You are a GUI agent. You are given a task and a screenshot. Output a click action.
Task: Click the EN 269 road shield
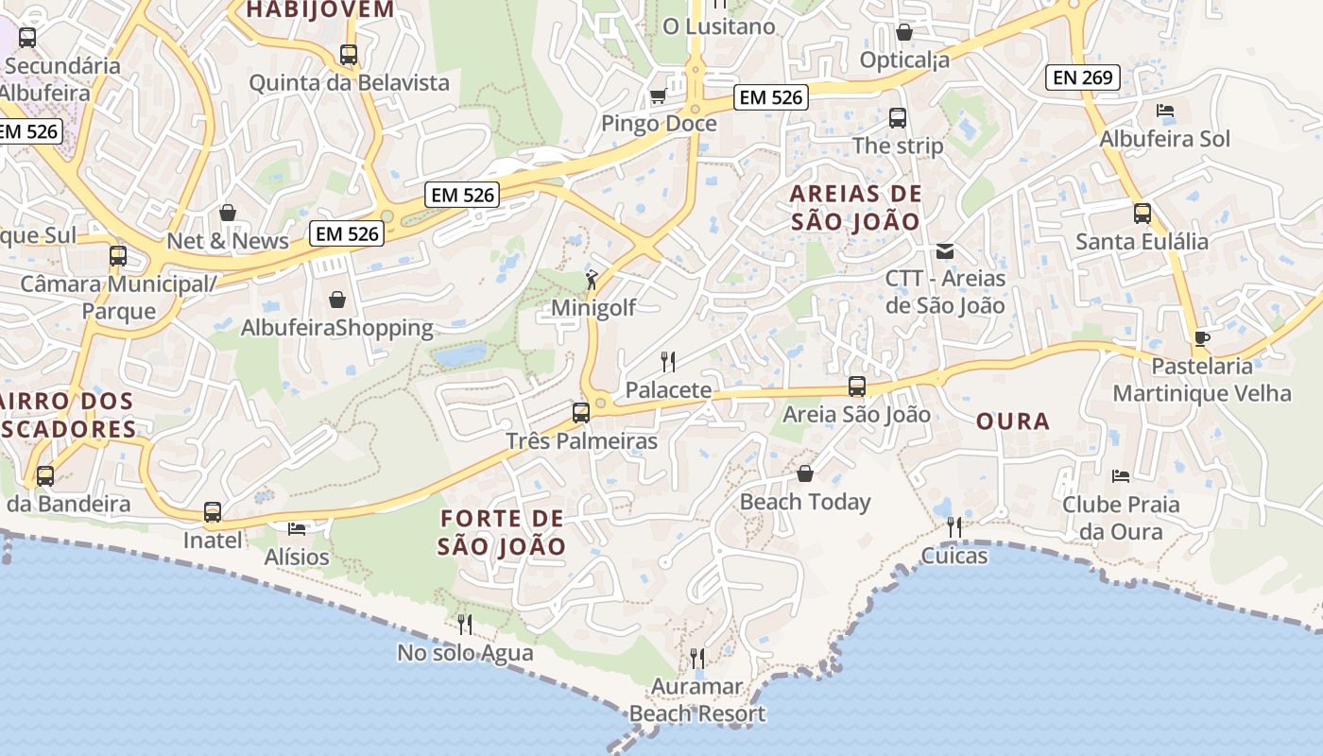point(1083,77)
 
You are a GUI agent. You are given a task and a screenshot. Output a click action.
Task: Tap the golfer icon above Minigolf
point(592,280)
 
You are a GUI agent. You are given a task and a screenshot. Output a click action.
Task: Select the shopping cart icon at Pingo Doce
point(658,95)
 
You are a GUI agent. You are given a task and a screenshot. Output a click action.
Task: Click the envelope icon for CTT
point(944,251)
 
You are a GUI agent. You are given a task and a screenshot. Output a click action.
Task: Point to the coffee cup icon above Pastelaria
point(1201,338)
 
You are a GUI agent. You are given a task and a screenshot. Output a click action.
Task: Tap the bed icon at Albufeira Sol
point(1165,111)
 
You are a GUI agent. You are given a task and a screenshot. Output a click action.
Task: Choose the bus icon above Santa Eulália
point(1143,214)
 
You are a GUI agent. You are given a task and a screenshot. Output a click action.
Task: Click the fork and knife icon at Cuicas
point(954,526)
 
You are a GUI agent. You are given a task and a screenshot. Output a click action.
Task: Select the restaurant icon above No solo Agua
point(464,624)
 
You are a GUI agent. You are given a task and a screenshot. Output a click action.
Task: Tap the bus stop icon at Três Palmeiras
point(581,413)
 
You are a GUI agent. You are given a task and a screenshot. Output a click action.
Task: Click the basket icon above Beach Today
point(805,473)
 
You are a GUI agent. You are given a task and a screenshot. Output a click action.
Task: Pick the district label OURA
point(1013,421)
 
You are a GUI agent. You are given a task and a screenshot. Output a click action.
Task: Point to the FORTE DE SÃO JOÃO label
point(502,532)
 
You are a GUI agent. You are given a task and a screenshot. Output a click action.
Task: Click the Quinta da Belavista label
point(349,83)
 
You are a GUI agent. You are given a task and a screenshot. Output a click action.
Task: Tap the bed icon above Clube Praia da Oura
point(1121,476)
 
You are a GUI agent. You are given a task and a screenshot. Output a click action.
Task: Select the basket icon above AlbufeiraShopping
point(337,301)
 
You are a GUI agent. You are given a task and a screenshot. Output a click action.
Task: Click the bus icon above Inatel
point(213,512)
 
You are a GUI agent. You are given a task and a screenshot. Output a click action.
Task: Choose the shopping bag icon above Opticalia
point(904,33)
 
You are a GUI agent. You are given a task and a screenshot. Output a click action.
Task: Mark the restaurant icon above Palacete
point(668,361)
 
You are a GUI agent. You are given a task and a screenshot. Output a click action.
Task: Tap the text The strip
point(898,146)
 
